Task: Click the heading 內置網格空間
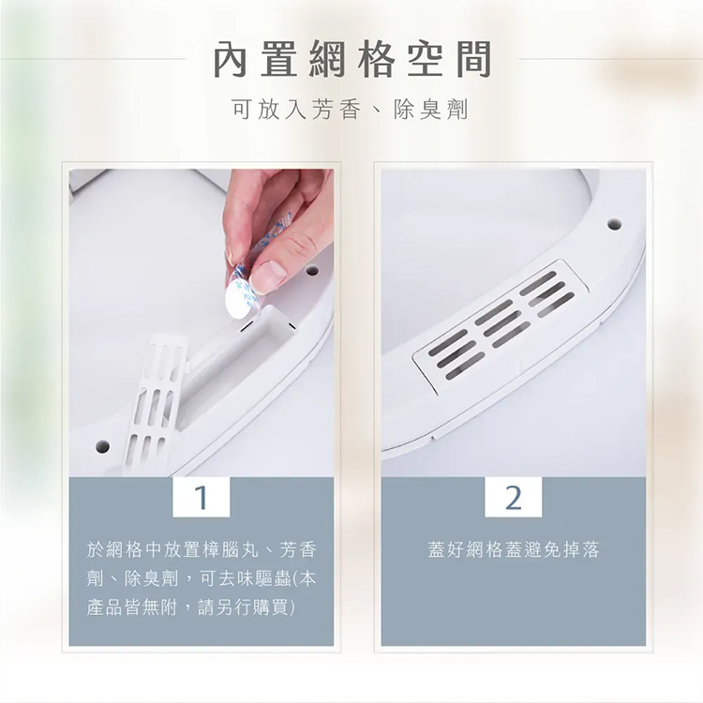[351, 60]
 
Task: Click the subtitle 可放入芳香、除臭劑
[351, 110]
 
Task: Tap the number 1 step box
[202, 497]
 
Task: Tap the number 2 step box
[514, 497]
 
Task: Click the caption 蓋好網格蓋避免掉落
[514, 549]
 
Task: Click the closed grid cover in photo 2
[500, 326]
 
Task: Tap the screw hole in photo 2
[614, 224]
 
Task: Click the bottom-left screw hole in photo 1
[102, 445]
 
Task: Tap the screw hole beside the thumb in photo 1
[311, 271]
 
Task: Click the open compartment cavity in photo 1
[233, 354]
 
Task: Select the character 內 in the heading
[230, 60]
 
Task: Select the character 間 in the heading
[474, 60]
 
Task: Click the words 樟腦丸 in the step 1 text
[231, 549]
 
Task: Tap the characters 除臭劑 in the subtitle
[431, 110]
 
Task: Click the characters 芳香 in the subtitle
[337, 110]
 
